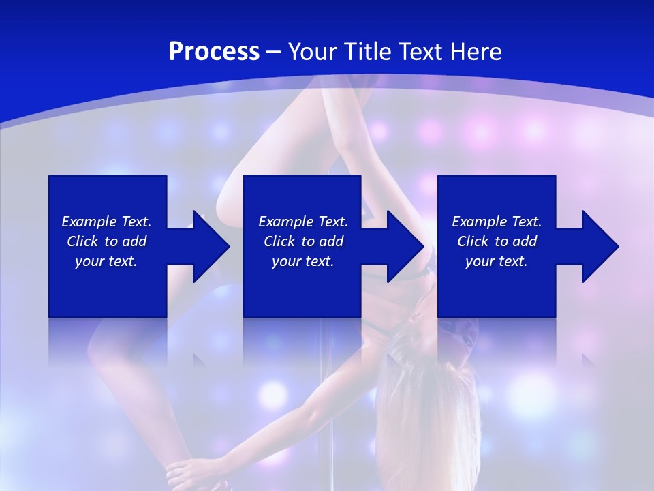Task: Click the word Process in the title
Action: point(214,51)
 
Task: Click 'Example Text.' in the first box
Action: point(106,222)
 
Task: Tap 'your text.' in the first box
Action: point(106,261)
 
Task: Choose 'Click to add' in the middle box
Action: point(303,241)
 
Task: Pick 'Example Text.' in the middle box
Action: point(303,222)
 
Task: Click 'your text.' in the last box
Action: point(497,261)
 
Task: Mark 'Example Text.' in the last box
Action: point(497,222)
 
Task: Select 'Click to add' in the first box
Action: point(106,241)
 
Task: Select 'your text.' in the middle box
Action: point(303,261)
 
